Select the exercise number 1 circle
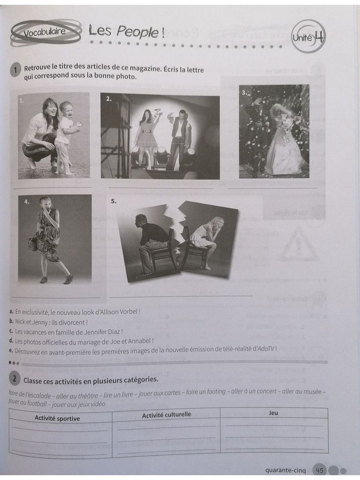pyautogui.click(x=15, y=70)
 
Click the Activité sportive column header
pyautogui.click(x=57, y=418)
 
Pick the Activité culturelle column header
pyautogui.click(x=166, y=415)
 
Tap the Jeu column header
pyautogui.click(x=274, y=413)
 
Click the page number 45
pyautogui.click(x=320, y=470)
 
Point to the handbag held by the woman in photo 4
pyautogui.click(x=34, y=242)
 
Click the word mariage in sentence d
pyautogui.click(x=91, y=341)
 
